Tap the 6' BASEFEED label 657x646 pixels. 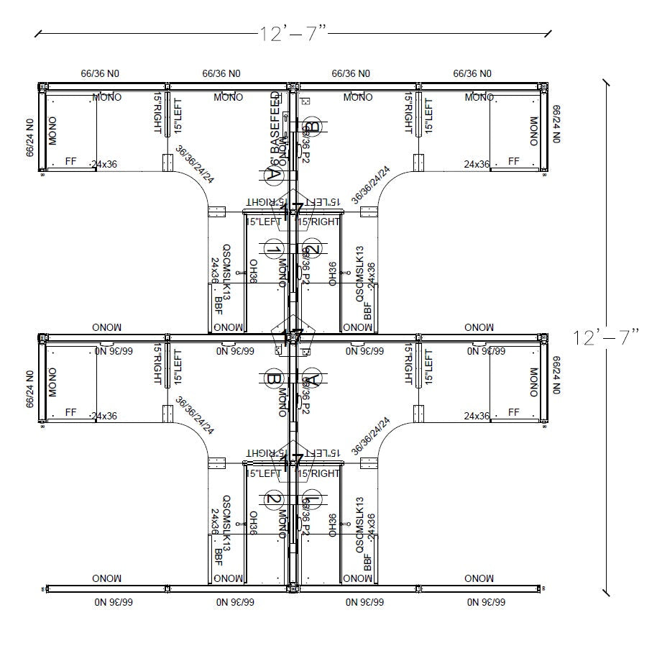pos(275,129)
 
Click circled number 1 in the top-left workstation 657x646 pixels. pos(272,250)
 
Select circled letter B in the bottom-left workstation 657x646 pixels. pos(272,378)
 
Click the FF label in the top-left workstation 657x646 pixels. pos(71,161)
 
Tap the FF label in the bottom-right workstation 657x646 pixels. pos(513,412)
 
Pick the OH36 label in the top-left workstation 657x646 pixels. pos(253,273)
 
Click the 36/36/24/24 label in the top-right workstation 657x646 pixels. pos(371,184)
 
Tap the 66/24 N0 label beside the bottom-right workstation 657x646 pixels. pos(555,374)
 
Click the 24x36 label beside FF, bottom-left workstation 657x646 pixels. pos(104,416)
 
